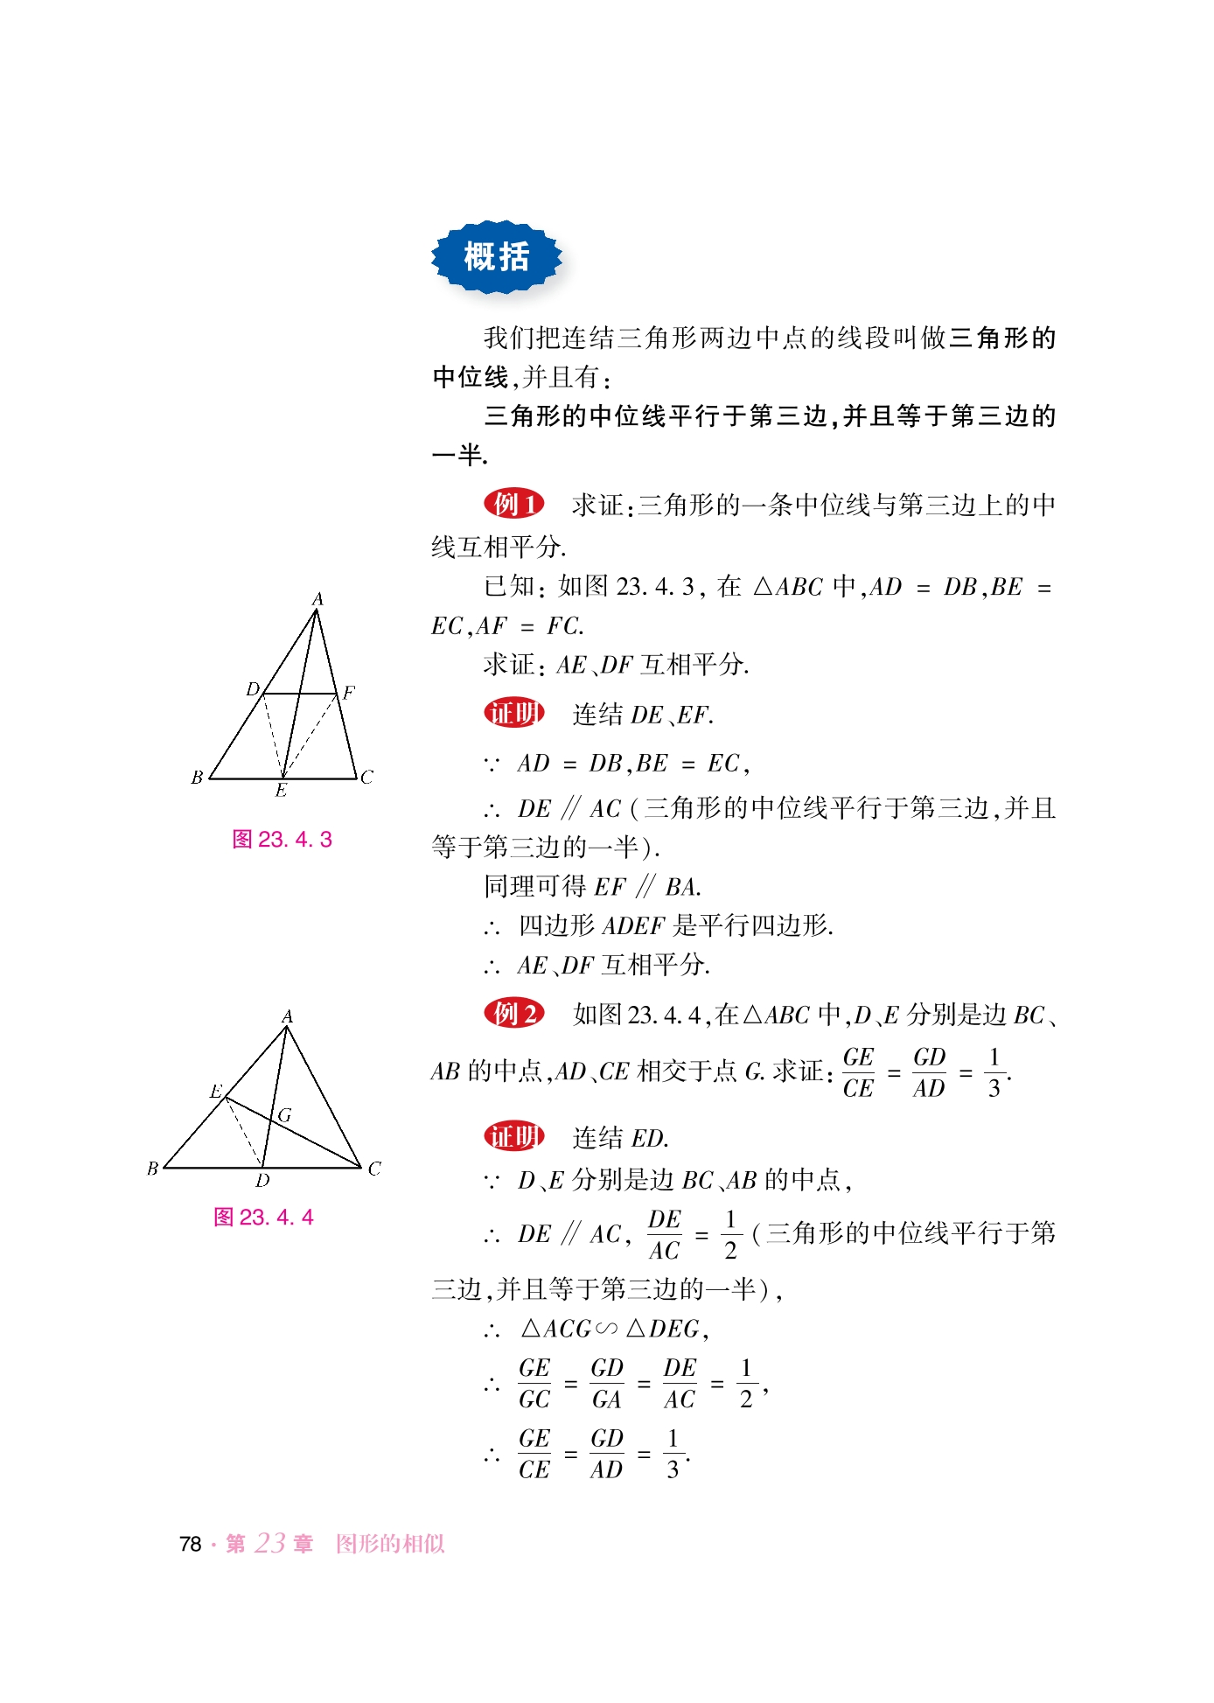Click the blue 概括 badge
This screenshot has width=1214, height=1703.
(496, 257)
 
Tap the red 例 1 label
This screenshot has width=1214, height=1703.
(514, 504)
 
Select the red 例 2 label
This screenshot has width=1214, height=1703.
(514, 1013)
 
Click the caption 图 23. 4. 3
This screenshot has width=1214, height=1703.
(282, 840)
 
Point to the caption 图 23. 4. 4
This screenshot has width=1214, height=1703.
(263, 1217)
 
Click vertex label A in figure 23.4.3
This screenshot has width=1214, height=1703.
(317, 599)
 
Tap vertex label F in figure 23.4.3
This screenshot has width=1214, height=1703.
(349, 693)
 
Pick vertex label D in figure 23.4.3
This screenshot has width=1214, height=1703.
(253, 689)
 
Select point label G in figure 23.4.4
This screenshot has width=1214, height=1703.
(284, 1115)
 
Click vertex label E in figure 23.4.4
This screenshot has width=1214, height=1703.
(216, 1091)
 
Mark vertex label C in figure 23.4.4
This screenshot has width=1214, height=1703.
(374, 1169)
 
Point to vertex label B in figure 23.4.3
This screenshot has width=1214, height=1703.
(197, 777)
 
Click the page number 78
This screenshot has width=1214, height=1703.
(190, 1544)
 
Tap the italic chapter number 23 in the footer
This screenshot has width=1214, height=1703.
(270, 1543)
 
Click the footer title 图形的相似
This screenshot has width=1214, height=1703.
(390, 1544)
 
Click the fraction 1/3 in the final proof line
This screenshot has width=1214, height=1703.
(673, 1454)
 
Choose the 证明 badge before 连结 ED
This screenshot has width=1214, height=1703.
(514, 1136)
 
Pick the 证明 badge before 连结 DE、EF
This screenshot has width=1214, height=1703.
(514, 713)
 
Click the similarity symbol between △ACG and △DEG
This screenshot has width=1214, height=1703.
(606, 1329)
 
